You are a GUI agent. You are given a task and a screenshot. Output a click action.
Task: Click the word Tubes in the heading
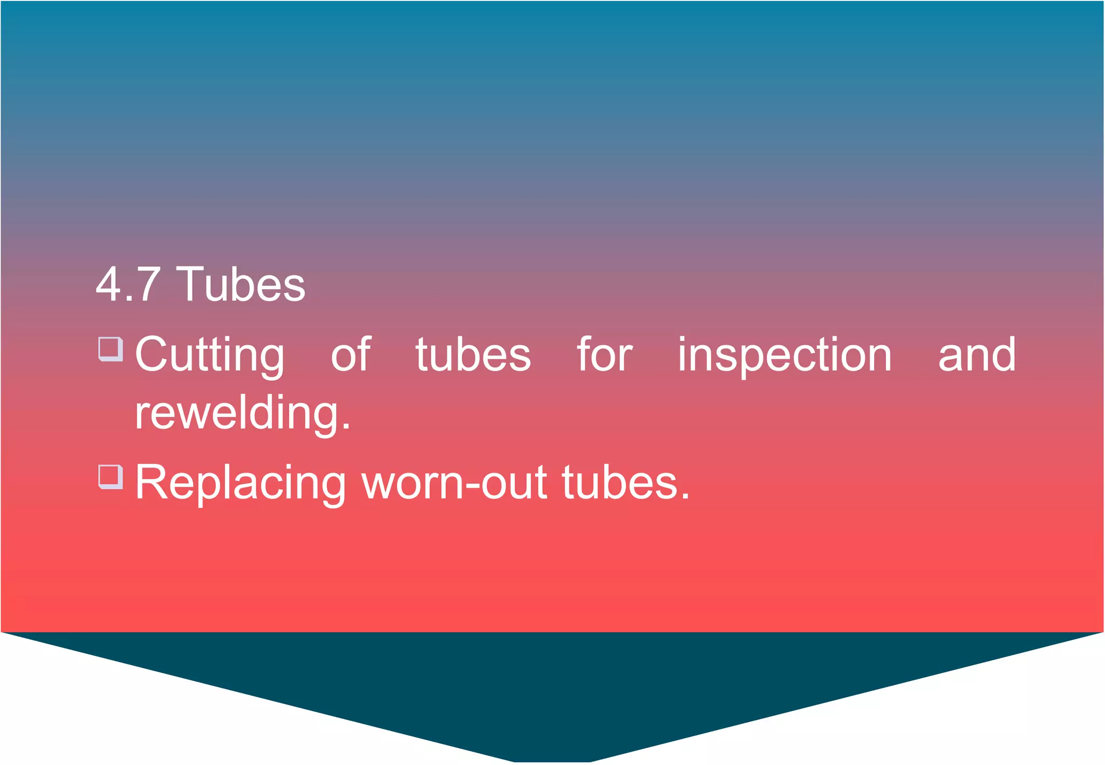point(241,284)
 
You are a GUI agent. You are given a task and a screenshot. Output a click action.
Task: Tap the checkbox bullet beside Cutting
point(111,349)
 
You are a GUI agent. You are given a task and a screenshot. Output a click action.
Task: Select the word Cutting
point(209,354)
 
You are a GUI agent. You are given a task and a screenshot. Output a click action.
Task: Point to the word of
point(351,354)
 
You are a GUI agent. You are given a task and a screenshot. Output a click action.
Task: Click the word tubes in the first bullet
point(473,354)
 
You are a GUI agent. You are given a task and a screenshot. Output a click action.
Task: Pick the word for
point(604,354)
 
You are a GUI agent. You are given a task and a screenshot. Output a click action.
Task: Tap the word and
point(977,354)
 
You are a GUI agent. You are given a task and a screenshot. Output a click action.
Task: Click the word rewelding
point(237,413)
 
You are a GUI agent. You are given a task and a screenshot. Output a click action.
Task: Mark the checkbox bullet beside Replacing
point(111,477)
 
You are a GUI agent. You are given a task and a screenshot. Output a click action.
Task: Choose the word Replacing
point(241,483)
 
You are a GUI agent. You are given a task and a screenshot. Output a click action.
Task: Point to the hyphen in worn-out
point(472,484)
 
